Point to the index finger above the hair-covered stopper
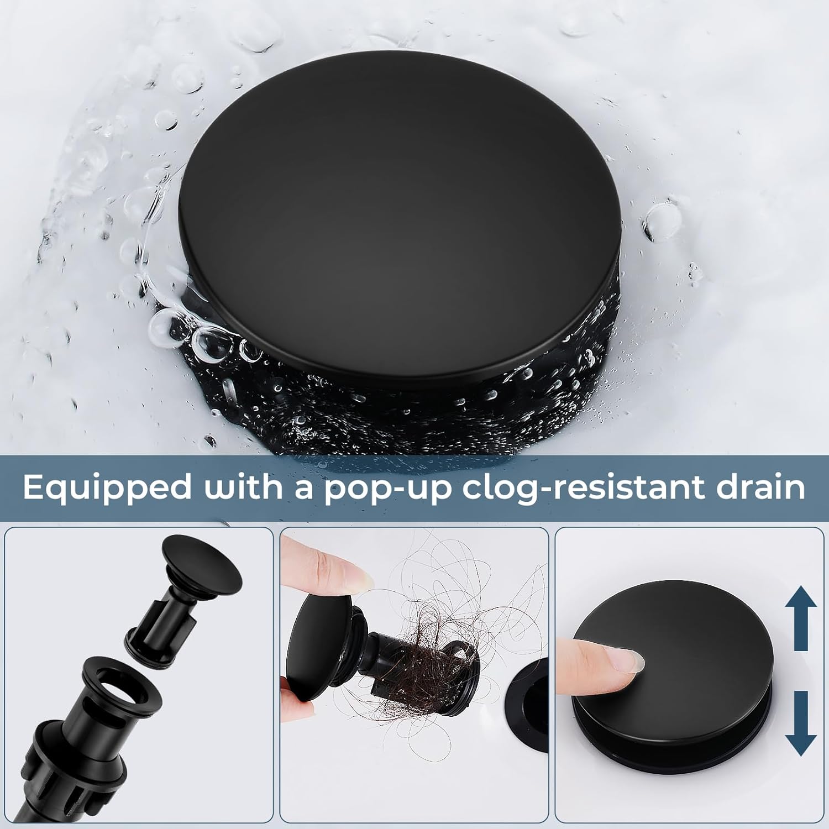tap(326, 569)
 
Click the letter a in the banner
tap(303, 487)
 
